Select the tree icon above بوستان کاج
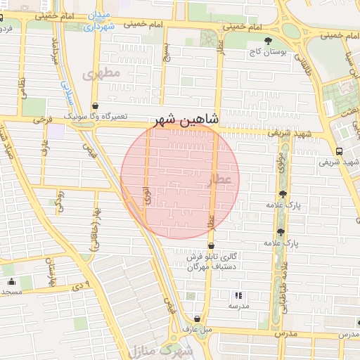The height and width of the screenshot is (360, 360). coord(267,41)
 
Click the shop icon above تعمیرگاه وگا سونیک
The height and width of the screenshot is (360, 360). coord(95,107)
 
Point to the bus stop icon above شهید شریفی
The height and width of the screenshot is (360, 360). coord(340,151)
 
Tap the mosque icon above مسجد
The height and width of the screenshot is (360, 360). coord(11,282)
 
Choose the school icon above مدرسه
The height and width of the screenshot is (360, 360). coord(238,296)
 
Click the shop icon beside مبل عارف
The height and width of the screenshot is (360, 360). coord(197,319)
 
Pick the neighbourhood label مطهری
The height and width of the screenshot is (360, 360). coord(101,73)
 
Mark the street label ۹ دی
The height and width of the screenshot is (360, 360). coord(78,287)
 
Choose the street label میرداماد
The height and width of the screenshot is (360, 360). coord(53,55)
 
